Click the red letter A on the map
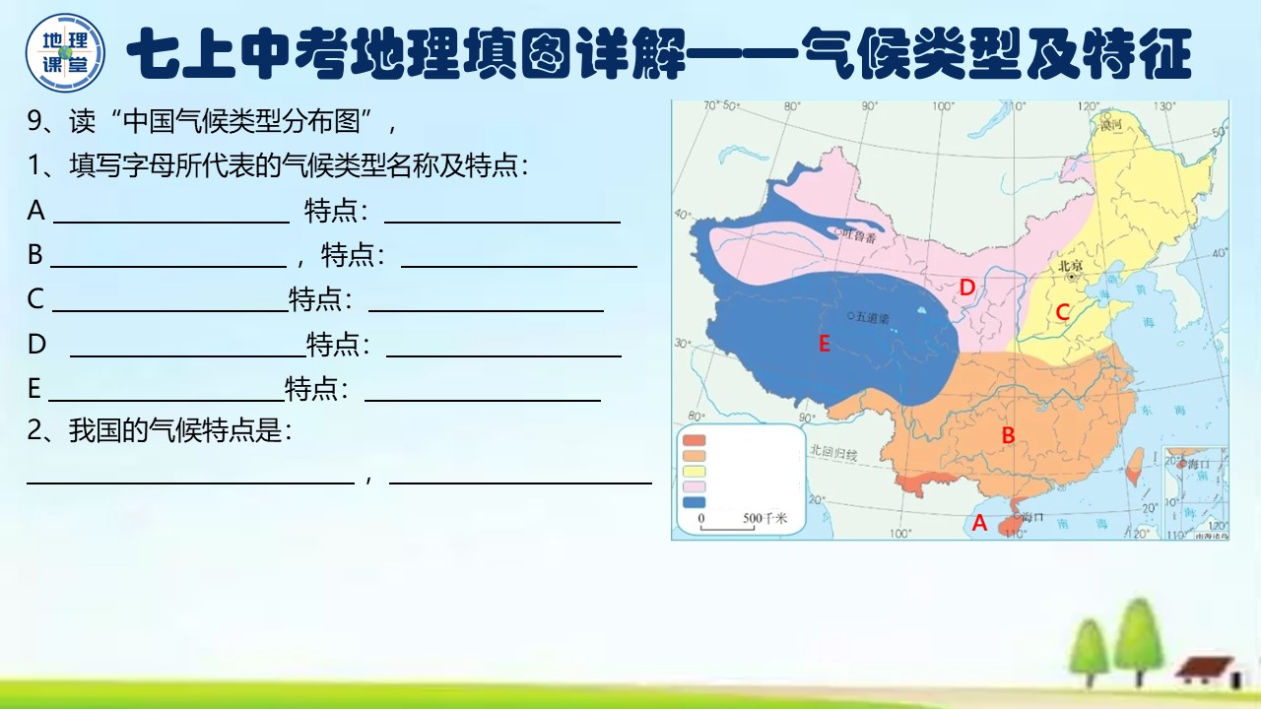click(x=979, y=524)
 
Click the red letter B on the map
click(x=1008, y=434)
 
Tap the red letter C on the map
click(x=1062, y=312)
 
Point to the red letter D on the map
click(x=967, y=287)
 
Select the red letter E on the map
click(x=825, y=343)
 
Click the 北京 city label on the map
click(x=1070, y=266)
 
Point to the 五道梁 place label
click(x=872, y=317)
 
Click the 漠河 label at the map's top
click(x=1112, y=125)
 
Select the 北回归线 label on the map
click(x=833, y=451)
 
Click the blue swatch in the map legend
click(x=695, y=502)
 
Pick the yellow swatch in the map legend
click(x=695, y=472)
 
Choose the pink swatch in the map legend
click(x=695, y=486)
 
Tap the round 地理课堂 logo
click(x=65, y=50)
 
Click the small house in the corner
click(x=1204, y=672)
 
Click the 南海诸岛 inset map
click(x=1195, y=492)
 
